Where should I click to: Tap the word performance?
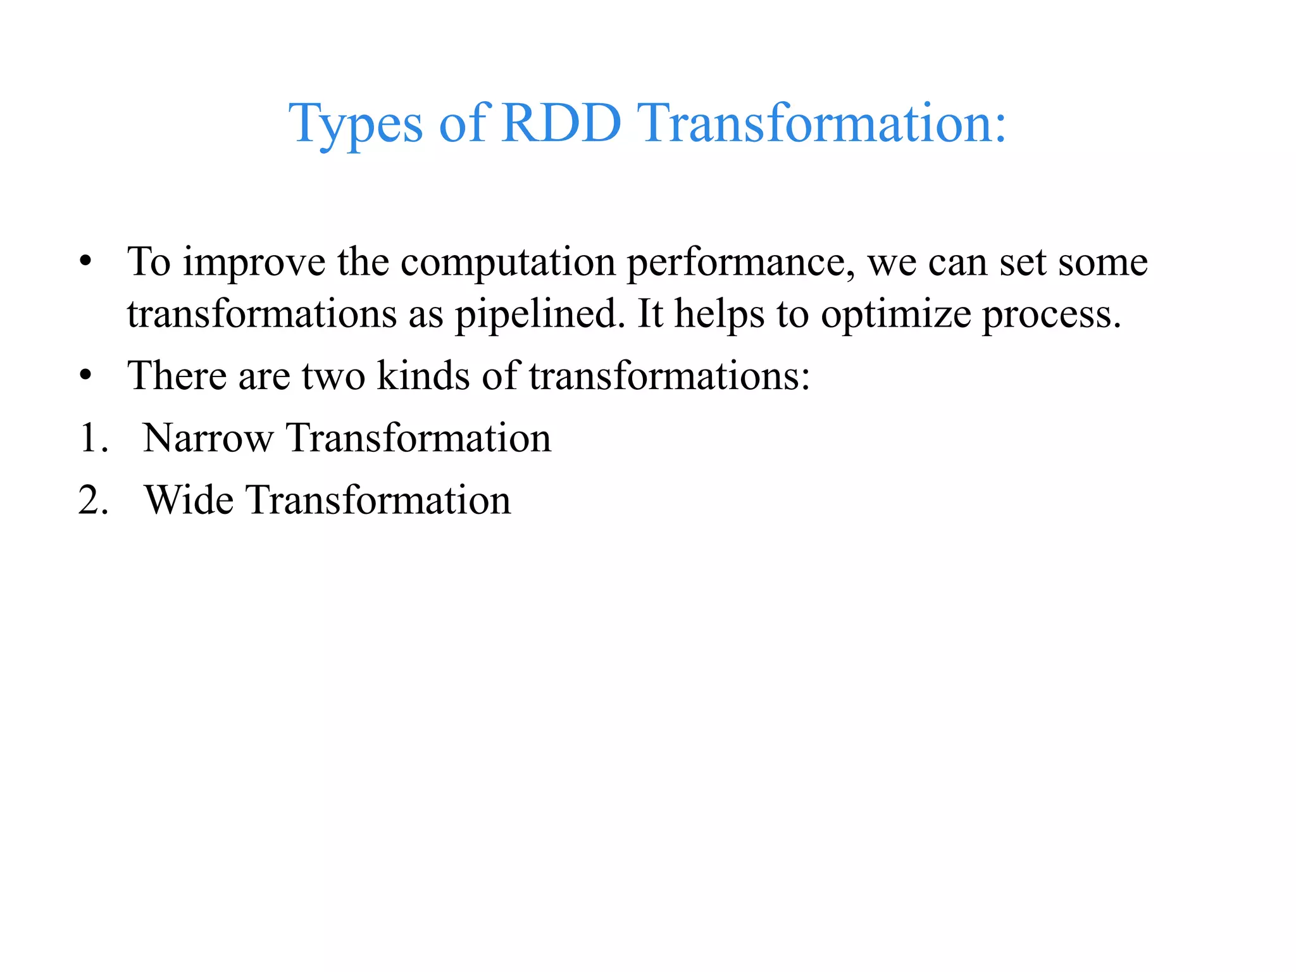point(740,263)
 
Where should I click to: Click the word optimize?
point(895,315)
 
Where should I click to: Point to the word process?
point(1051,315)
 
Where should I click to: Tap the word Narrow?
point(208,438)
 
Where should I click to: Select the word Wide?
point(189,500)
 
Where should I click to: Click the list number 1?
point(94,438)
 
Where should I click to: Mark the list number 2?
point(94,500)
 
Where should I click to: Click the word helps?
point(720,315)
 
